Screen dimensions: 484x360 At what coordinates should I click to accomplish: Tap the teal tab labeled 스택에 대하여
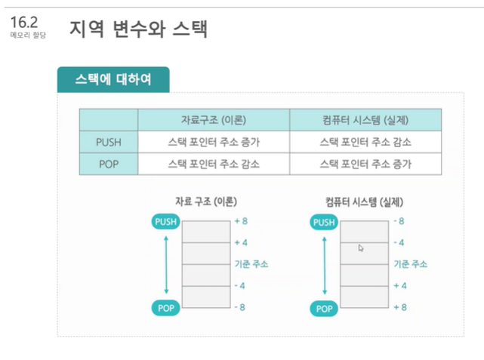pyautogui.click(x=113, y=79)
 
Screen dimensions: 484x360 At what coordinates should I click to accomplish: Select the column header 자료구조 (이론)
pyautogui.click(x=214, y=120)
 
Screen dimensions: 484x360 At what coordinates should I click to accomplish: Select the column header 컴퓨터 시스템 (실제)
pyautogui.click(x=365, y=120)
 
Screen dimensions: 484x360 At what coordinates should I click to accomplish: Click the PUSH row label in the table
pyautogui.click(x=109, y=141)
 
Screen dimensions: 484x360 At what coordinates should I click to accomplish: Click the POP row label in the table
pyautogui.click(x=109, y=164)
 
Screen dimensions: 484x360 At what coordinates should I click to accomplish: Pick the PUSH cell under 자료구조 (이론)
pyautogui.click(x=214, y=141)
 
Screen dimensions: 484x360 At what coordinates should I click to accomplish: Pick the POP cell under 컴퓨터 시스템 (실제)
pyautogui.click(x=365, y=164)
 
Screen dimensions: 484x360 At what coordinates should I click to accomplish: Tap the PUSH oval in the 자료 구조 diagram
pyautogui.click(x=166, y=222)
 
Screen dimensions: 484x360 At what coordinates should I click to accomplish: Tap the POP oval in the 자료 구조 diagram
pyautogui.click(x=166, y=308)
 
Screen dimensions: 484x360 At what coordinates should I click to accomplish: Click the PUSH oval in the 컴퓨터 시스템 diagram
pyautogui.click(x=324, y=222)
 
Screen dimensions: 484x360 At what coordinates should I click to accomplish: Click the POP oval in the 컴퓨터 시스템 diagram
pyautogui.click(x=324, y=308)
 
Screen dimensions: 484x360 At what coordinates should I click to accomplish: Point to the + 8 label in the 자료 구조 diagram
pyautogui.click(x=242, y=221)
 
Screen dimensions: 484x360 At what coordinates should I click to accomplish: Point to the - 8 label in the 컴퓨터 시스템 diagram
pyautogui.click(x=399, y=221)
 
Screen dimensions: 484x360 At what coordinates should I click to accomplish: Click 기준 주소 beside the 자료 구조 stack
pyautogui.click(x=251, y=264)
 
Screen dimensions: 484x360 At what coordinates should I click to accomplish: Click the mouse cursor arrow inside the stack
pyautogui.click(x=361, y=248)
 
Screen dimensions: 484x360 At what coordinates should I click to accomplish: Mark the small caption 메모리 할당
pyautogui.click(x=28, y=36)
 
